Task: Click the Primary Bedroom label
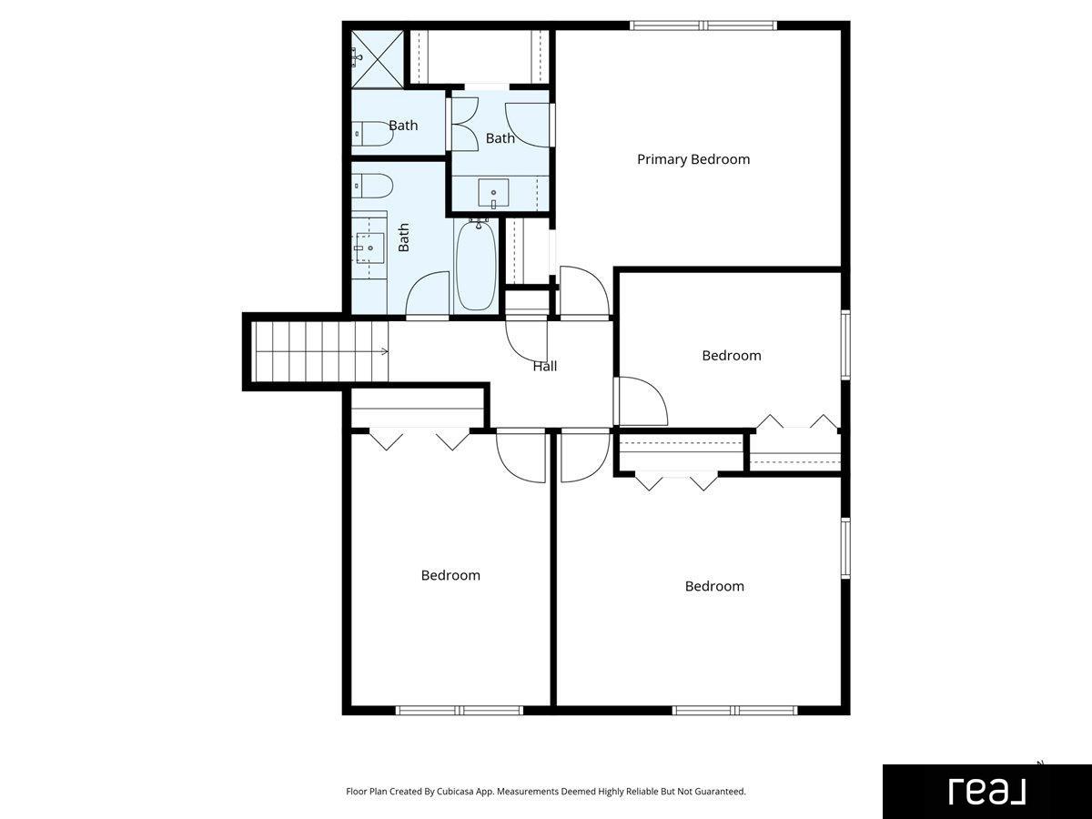click(693, 159)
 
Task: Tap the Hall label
click(545, 367)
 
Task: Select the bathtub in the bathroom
click(477, 266)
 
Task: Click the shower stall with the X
click(377, 59)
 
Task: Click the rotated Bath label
click(403, 238)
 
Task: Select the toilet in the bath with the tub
click(372, 186)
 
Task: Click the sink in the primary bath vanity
click(493, 193)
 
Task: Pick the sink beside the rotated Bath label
click(369, 248)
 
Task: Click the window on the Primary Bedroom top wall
click(703, 25)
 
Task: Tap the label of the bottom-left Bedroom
click(450, 575)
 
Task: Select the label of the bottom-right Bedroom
click(714, 586)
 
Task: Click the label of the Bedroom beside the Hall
click(732, 356)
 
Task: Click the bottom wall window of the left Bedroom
click(460, 710)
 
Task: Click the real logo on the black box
click(986, 792)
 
